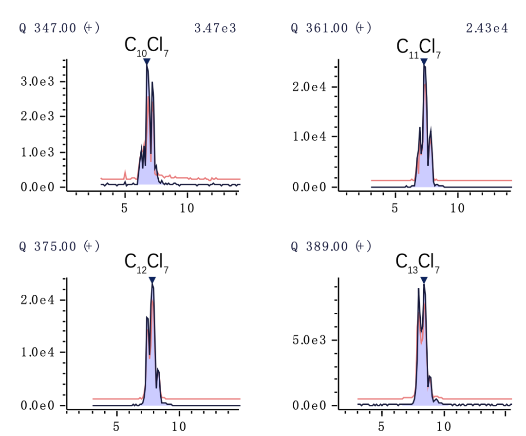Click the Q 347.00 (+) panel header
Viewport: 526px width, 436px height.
click(x=59, y=28)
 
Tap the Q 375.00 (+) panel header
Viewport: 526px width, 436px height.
click(x=59, y=246)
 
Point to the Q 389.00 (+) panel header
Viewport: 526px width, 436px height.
click(x=331, y=246)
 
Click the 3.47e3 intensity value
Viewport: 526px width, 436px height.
click(x=215, y=28)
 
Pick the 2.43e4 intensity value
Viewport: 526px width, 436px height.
click(x=487, y=28)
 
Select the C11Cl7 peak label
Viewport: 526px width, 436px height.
click(x=419, y=48)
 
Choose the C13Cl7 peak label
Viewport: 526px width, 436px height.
click(x=418, y=263)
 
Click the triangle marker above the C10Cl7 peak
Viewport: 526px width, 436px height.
click(x=147, y=61)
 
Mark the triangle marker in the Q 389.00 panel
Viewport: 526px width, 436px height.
click(x=424, y=280)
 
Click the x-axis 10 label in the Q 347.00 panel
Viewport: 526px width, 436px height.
click(x=187, y=208)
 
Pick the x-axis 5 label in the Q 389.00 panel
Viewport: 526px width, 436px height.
click(x=381, y=427)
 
